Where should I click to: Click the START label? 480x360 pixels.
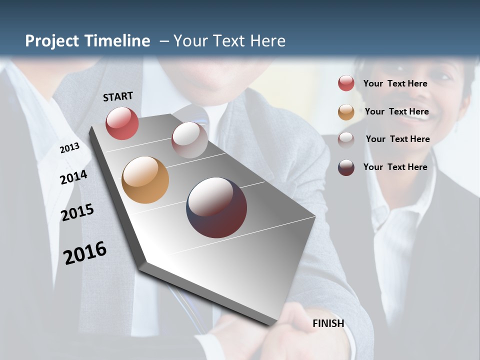pos(118,96)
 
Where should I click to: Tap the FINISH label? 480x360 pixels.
pos(328,323)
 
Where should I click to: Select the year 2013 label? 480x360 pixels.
pos(69,147)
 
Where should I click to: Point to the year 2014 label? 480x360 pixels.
pos(73,177)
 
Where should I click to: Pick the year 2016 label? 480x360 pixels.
pos(85,252)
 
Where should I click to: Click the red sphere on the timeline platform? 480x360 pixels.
pos(122,123)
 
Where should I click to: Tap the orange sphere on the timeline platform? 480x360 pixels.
pos(145,180)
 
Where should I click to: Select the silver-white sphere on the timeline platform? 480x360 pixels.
pos(189,140)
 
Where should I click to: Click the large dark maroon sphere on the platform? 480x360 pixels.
pos(216,207)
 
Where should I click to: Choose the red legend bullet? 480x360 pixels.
pos(346,83)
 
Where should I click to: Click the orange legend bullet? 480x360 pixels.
pos(346,112)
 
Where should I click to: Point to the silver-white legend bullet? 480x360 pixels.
pos(346,139)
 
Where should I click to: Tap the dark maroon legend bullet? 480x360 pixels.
pos(346,167)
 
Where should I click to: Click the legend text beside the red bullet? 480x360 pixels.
pos(395,83)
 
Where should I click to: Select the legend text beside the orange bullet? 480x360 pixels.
pos(396,111)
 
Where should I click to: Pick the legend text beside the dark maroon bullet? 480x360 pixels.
pos(395,167)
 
